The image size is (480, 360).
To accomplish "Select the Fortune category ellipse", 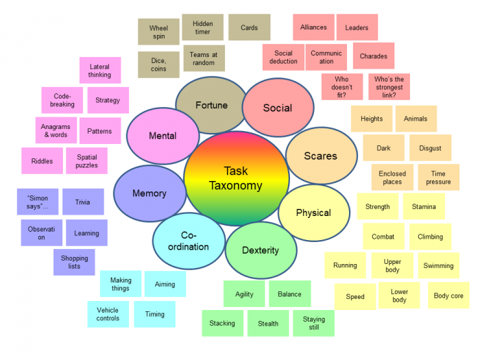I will [x=211, y=106].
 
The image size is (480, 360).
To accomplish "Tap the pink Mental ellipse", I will [x=163, y=136].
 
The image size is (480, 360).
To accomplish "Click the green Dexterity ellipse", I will [x=261, y=250].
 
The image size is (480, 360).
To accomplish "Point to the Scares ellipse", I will [x=320, y=156].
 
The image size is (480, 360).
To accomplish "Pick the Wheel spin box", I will [x=158, y=32].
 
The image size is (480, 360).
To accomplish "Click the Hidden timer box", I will [x=202, y=27].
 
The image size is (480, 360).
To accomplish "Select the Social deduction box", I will [x=283, y=58].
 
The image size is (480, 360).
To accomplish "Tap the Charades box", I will [x=373, y=56].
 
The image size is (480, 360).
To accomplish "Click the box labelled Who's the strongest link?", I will [x=389, y=87].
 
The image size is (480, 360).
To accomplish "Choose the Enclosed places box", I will [x=392, y=178].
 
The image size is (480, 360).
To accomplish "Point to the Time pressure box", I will [x=438, y=178].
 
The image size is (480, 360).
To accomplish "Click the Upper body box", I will [x=392, y=265].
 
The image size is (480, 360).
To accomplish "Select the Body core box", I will [x=448, y=296].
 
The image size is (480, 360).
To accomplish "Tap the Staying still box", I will [x=313, y=323].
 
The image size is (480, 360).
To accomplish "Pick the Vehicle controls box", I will [x=108, y=314].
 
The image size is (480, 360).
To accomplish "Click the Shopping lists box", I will [x=74, y=262].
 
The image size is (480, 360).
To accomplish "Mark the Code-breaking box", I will [x=62, y=100].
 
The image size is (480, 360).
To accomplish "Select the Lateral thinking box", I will [x=99, y=71].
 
